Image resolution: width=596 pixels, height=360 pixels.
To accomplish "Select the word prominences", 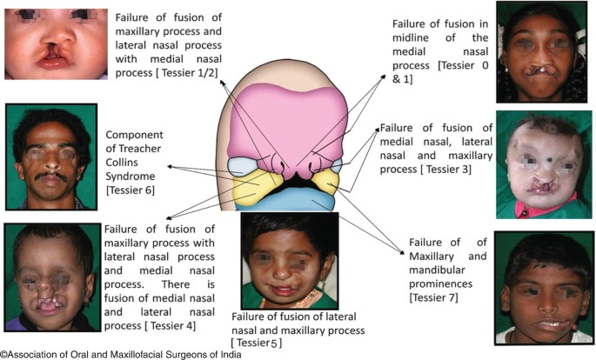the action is pos(445,284).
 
